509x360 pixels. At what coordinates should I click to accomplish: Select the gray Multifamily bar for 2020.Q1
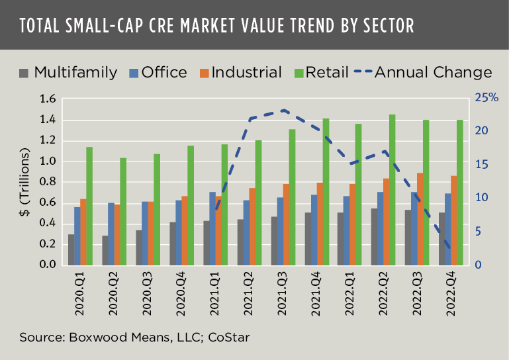click(71, 249)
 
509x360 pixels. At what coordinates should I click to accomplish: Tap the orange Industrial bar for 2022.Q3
click(418, 219)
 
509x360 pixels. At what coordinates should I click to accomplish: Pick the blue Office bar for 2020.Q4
click(179, 232)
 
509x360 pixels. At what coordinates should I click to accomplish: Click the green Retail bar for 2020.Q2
click(122, 211)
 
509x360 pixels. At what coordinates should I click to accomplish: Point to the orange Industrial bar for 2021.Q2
click(252, 226)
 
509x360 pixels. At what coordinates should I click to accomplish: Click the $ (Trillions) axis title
click(26, 182)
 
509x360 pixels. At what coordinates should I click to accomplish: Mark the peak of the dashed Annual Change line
click(283, 111)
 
